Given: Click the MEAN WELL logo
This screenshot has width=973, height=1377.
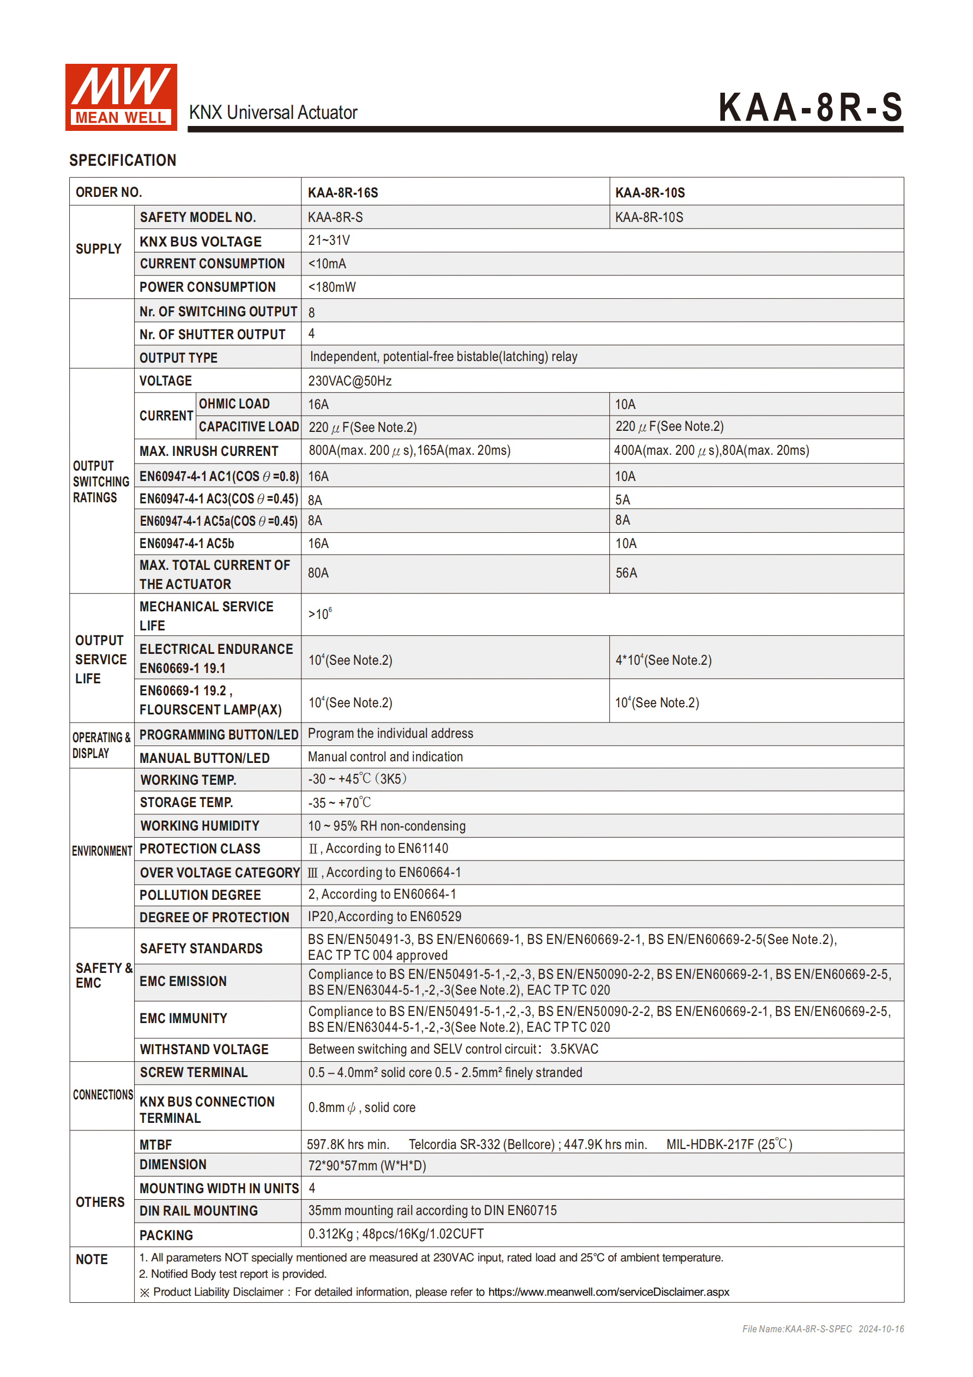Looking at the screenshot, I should pos(120,97).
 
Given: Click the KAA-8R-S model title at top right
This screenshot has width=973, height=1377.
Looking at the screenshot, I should pos(810,107).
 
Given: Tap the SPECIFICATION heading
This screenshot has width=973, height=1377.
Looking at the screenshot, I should pos(122,160).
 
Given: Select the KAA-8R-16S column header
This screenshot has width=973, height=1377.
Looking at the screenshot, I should pos(342,193).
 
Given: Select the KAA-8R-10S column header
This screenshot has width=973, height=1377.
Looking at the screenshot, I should pos(649,193).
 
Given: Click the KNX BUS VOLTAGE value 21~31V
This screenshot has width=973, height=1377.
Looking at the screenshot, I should pos(329,240).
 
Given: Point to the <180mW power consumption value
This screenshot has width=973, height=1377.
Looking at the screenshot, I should pos(331,287).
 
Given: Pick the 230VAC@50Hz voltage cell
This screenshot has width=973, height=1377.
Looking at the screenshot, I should pos(349,381).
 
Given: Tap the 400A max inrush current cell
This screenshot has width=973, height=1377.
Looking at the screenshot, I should pos(711,450).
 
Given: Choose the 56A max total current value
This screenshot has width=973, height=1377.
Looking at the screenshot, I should pos(626,573).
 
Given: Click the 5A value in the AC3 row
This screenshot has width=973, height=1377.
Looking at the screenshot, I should pos(623,500).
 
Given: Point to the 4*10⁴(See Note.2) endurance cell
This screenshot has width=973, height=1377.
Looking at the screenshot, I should pos(663,660).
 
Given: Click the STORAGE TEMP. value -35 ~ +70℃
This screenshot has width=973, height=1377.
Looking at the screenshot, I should pos(339,802).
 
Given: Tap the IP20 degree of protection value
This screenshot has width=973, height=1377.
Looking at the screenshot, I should pos(384,916).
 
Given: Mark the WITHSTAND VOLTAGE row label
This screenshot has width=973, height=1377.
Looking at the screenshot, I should pos(204,1050).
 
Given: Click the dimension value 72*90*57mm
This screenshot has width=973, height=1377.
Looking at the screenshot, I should pos(366,1165).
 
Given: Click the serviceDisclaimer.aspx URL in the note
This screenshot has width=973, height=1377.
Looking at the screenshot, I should pos(608,1292).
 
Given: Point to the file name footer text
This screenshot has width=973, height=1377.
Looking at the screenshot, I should pos(822,1329).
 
